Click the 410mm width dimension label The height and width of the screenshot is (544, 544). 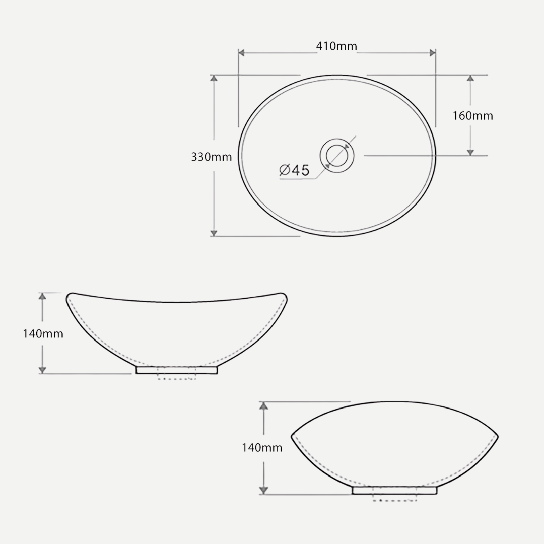(336, 46)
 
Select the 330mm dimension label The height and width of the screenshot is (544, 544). (211, 157)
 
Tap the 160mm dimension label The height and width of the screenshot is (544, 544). (472, 115)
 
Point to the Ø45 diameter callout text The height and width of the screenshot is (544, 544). (294, 170)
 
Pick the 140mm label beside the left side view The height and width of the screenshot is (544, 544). (43, 334)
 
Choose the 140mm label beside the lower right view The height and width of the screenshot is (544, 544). (262, 448)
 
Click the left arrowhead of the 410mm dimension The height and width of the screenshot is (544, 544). (241, 53)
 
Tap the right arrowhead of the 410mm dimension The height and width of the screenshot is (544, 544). (432, 53)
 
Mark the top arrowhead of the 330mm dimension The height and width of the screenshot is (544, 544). (214, 78)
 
